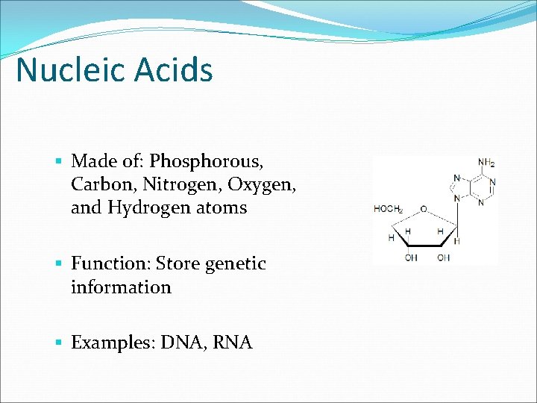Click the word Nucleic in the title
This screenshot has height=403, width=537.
click(x=68, y=70)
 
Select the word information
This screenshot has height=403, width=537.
click(x=121, y=287)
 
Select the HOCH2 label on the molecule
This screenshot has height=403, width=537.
click(x=389, y=209)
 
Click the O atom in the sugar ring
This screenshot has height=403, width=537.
click(x=423, y=209)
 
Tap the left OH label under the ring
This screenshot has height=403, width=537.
click(x=411, y=258)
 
